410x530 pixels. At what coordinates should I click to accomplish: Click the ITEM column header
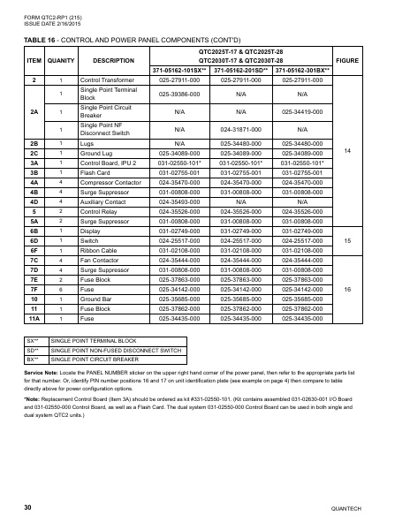pos(34,60)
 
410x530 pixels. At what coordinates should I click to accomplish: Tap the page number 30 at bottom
pos(28,507)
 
